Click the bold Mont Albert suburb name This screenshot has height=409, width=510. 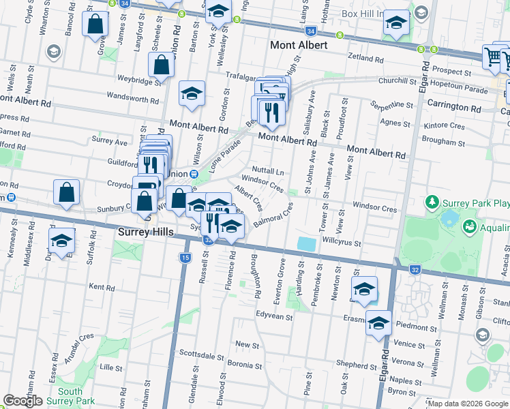click(x=299, y=46)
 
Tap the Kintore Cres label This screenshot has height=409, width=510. click(x=444, y=127)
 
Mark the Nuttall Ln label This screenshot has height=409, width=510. click(x=267, y=168)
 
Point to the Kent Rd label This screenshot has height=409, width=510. click(x=101, y=288)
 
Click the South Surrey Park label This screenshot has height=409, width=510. click(x=70, y=396)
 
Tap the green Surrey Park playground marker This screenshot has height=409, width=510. click(x=432, y=202)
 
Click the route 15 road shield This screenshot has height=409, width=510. click(x=185, y=257)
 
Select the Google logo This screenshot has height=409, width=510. click(x=22, y=401)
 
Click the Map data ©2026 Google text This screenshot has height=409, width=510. click(x=468, y=404)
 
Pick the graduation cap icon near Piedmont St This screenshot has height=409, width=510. click(x=378, y=323)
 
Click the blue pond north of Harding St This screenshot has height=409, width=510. click(x=307, y=243)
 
